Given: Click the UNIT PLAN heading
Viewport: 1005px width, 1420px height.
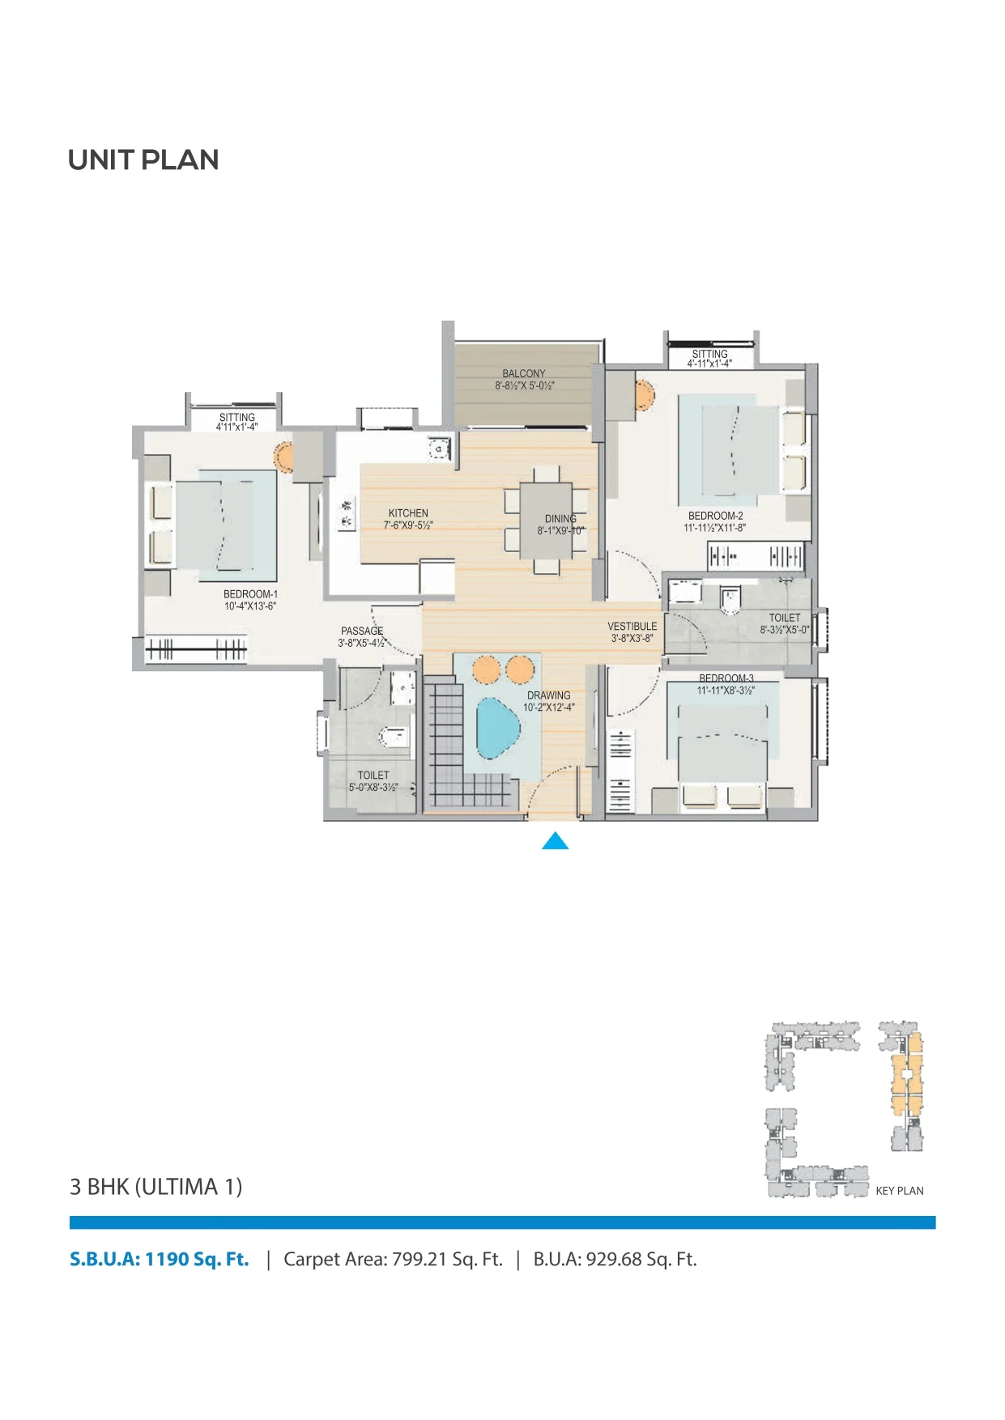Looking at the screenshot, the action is pyautogui.click(x=143, y=160).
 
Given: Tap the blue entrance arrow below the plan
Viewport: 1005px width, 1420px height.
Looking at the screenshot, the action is pyautogui.click(x=555, y=841).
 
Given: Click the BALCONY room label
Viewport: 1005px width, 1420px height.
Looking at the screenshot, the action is pyautogui.click(x=524, y=374).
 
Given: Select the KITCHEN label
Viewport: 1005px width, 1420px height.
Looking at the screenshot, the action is pyautogui.click(x=408, y=513).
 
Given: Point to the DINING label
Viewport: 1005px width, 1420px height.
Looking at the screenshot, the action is pyautogui.click(x=560, y=519).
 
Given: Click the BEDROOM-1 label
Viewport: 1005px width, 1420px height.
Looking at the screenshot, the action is pyautogui.click(x=250, y=594).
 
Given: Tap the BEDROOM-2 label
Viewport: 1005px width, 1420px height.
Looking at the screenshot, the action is pyautogui.click(x=715, y=516).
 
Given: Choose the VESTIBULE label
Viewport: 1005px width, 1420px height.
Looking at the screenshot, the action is pyautogui.click(x=632, y=627).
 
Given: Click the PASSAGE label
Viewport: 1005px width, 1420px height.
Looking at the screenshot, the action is pyautogui.click(x=362, y=631).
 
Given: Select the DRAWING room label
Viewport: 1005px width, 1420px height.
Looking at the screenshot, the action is pyautogui.click(x=549, y=695).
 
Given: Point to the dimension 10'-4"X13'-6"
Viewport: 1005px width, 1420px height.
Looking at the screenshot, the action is pyautogui.click(x=250, y=606).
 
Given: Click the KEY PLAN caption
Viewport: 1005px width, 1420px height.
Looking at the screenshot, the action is pyautogui.click(x=900, y=1191).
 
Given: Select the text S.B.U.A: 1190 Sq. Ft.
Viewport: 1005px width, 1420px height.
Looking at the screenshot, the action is pyautogui.click(x=160, y=1259).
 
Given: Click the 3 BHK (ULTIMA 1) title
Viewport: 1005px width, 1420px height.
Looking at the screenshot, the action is pyautogui.click(x=156, y=1187).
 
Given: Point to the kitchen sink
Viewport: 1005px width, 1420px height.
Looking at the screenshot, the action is pyautogui.click(x=438, y=448).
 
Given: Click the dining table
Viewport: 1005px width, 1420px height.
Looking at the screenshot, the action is pyautogui.click(x=546, y=520).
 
